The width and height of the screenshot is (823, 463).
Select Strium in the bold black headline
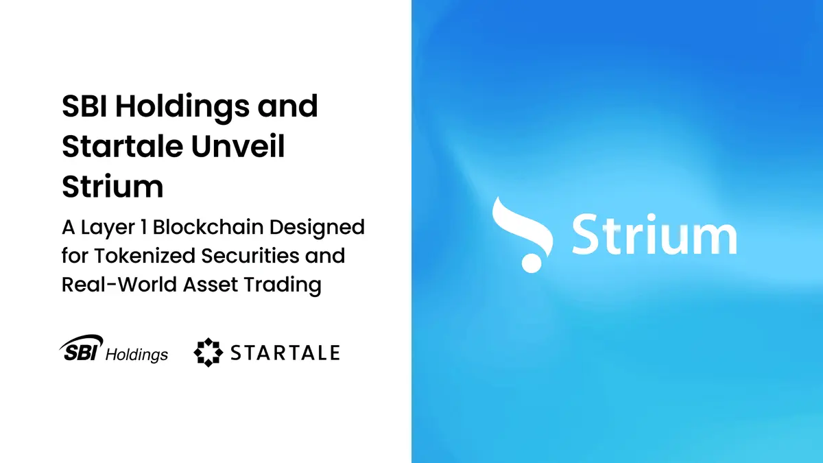pyautogui.click(x=112, y=187)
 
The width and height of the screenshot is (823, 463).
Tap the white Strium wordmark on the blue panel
pyautogui.click(x=654, y=235)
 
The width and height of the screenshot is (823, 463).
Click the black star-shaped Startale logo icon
pyautogui.click(x=208, y=353)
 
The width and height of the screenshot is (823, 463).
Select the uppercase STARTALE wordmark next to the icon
pyautogui.click(x=285, y=353)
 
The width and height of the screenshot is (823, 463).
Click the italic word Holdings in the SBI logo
pyautogui.click(x=136, y=355)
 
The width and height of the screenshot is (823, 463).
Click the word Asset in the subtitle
pyautogui.click(x=208, y=285)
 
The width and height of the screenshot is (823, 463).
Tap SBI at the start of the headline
pyautogui.click(x=86, y=107)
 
